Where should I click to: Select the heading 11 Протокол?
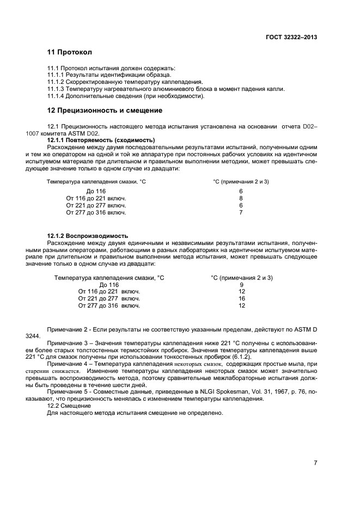coord(69,53)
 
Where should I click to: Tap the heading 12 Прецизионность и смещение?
coord(105,111)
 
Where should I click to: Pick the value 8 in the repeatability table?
coord(240,199)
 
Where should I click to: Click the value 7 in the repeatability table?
coord(240,213)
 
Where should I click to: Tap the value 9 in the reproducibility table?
coord(241,285)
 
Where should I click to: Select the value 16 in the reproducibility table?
coord(242,299)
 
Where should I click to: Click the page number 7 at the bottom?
coord(315,463)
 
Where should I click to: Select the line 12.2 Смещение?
coord(68,406)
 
